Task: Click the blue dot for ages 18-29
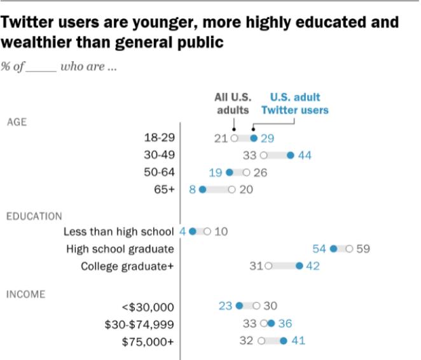pos(254,138)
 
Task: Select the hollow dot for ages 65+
pos(232,189)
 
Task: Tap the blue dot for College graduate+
pos(300,266)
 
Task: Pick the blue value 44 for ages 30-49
pos(305,155)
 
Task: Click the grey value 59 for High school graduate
pos(362,249)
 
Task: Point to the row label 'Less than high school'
pos(119,232)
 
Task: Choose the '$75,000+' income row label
pos(148,340)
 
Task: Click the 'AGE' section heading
pos(17,121)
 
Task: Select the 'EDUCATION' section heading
pos(34,216)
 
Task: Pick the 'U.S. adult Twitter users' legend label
pos(295,104)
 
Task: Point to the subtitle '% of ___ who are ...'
pos(59,67)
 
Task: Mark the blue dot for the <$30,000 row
pos(239,306)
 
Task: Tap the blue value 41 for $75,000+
pos(298,340)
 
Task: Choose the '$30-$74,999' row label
pos(139,323)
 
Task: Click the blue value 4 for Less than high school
pos(183,232)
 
